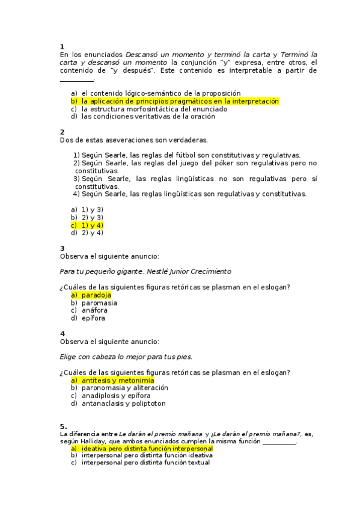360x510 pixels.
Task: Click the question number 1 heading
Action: [63, 46]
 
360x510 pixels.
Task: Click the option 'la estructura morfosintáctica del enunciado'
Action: [154, 109]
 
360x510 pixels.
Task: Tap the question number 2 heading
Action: [63, 132]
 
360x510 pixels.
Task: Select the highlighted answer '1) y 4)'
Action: [93, 225]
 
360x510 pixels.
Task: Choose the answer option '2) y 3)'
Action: [93, 217]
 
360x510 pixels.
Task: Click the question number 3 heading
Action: [63, 248]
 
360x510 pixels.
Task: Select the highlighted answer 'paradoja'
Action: [96, 295]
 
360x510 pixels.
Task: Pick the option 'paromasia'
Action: [99, 303]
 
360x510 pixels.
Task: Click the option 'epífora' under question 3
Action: [94, 318]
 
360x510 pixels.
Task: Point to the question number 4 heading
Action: [63, 334]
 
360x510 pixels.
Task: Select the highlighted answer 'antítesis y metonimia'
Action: [118, 380]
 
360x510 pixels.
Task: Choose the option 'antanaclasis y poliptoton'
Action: [124, 404]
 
